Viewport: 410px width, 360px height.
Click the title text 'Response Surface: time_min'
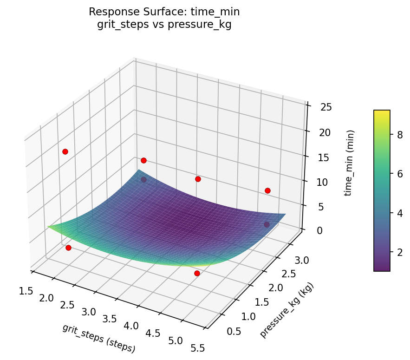point(164,12)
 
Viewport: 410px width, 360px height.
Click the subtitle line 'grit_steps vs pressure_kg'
point(164,25)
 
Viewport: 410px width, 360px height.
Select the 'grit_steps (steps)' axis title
point(98,338)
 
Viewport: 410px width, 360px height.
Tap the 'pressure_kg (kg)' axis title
point(286,310)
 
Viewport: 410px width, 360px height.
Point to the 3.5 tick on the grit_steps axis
point(110,319)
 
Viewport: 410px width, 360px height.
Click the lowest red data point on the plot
point(197,273)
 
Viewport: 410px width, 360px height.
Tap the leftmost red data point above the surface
point(65,151)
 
